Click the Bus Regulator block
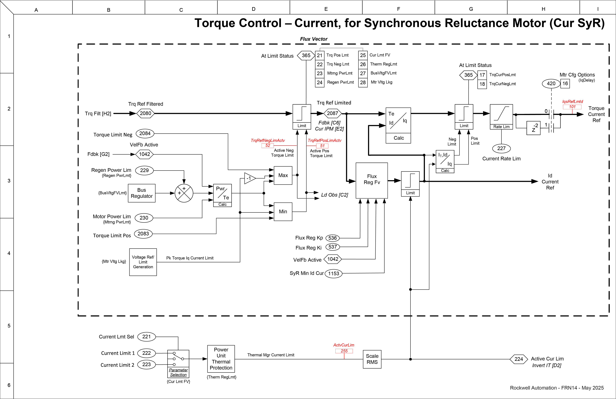pos(142,193)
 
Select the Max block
pos(283,175)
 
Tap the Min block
pos(283,212)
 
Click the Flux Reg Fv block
pos(372,180)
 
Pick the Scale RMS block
pos(372,359)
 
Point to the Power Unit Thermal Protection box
pos(221,359)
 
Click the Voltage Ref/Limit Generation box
pos(143,262)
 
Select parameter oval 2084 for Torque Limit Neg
pos(145,133)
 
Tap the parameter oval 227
pos(501,148)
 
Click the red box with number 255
pos(344,351)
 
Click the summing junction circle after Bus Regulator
pos(184,193)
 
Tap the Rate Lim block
pos(501,116)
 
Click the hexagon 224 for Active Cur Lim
pos(519,359)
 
